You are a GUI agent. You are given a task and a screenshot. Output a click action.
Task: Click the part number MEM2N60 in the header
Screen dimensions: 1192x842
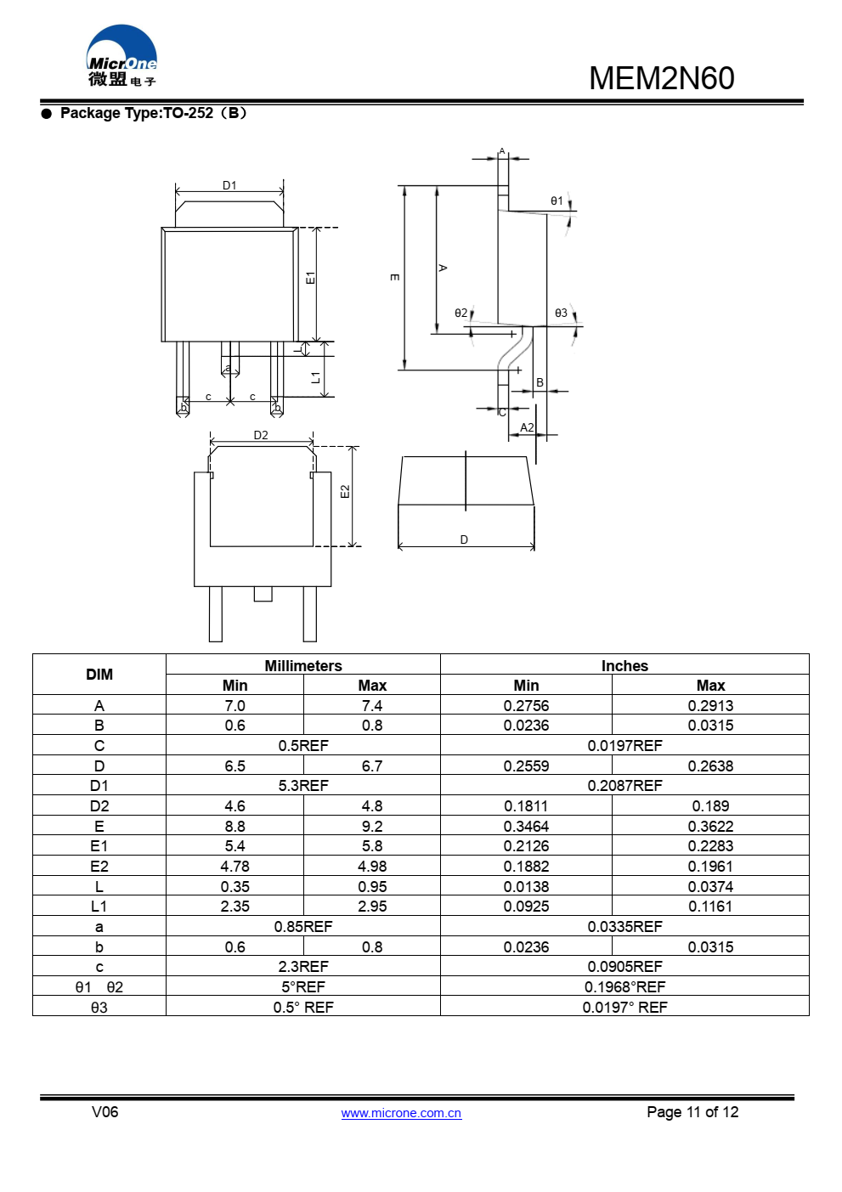[661, 79]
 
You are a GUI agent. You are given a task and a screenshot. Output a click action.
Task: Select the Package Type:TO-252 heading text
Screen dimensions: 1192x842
[153, 113]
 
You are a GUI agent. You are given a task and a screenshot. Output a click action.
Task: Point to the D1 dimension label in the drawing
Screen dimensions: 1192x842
[229, 185]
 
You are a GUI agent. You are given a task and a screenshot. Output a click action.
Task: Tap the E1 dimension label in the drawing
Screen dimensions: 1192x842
[310, 278]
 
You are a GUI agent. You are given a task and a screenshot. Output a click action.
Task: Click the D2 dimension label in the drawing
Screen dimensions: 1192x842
[261, 435]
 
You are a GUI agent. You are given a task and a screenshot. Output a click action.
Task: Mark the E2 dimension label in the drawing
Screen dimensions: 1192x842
[344, 492]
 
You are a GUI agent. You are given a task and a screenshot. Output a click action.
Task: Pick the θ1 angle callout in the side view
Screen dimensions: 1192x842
[557, 201]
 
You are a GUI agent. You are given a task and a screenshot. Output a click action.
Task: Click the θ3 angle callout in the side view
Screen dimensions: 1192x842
[561, 313]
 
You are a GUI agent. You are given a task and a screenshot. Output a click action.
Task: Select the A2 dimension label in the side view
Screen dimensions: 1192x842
[527, 427]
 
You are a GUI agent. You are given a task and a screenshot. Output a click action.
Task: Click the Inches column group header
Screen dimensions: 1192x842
[624, 665]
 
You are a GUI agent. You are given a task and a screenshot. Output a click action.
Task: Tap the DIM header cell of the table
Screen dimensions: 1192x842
[99, 675]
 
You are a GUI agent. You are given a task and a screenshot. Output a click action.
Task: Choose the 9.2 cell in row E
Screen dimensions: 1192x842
[372, 826]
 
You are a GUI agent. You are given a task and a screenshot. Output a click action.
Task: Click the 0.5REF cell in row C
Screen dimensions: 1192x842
[303, 746]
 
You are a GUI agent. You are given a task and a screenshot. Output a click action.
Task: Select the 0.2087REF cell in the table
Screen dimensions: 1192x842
[624, 786]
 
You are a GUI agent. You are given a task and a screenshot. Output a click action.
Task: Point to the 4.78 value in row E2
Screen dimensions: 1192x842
[235, 867]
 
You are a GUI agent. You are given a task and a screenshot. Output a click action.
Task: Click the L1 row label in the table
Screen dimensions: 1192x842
[99, 907]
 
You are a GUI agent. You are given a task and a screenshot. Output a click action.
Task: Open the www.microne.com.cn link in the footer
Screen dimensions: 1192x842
[401, 1113]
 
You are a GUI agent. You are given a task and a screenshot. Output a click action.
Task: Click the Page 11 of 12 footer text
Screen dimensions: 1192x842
[692, 1112]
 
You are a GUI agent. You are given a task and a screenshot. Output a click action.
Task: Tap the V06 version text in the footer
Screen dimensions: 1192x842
[105, 1112]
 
